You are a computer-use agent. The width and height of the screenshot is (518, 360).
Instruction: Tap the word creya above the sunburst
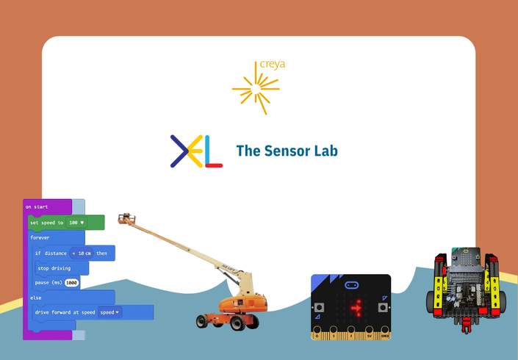[273, 65]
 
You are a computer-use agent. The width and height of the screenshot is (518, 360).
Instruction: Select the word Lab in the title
[324, 151]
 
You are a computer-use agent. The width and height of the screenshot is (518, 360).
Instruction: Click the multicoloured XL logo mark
[196, 151]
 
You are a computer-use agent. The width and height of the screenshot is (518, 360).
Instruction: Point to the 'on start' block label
[37, 207]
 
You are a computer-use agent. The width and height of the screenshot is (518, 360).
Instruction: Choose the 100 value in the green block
[75, 223]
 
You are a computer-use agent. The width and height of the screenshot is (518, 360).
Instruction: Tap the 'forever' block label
[40, 238]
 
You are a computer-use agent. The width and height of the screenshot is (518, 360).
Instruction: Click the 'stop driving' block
[54, 269]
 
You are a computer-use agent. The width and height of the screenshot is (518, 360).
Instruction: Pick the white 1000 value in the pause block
[71, 283]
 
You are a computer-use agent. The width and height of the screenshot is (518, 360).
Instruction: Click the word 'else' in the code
[36, 298]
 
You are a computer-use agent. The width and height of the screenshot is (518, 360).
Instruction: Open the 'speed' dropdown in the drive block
[110, 312]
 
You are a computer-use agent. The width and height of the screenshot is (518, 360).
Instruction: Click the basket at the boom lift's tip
[128, 219]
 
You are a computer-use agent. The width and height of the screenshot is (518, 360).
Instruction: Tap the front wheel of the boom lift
[204, 320]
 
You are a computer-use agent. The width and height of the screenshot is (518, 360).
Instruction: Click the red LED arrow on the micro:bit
[357, 308]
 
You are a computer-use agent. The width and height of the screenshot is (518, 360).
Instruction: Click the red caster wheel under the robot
[465, 328]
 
